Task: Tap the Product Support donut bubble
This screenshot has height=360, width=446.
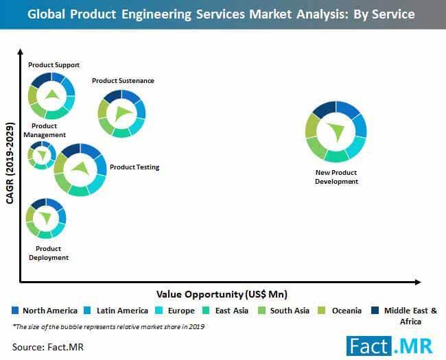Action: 51,95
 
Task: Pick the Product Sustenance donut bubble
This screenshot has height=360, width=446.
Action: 121,113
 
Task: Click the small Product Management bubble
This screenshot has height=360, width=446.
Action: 42,155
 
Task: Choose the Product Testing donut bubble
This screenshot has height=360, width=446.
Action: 80,169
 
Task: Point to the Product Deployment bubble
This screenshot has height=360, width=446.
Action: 46,218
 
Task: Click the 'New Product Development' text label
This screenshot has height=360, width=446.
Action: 336,177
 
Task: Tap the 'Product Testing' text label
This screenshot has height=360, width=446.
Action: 134,167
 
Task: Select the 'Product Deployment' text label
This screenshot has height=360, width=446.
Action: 48,253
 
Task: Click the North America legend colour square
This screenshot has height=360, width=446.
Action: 15,311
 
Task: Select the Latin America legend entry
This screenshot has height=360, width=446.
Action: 117,311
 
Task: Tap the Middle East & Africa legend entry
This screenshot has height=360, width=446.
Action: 405,315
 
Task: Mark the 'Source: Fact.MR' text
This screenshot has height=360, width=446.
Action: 44,347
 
